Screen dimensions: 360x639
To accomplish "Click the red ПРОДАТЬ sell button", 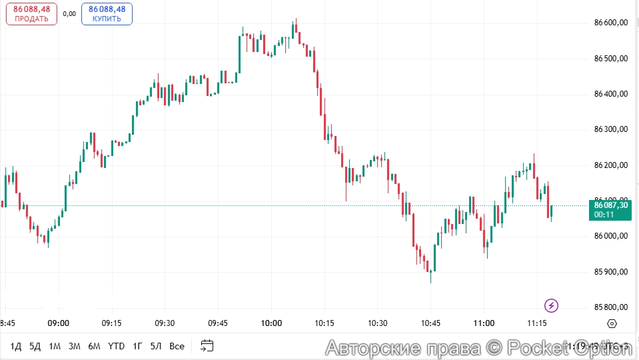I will pyautogui.click(x=31, y=14).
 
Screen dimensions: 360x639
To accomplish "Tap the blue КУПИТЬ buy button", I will pyautogui.click(x=107, y=14).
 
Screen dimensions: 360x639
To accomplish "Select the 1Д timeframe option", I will pyautogui.click(x=16, y=346).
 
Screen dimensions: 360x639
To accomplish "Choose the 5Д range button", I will pyautogui.click(x=35, y=346).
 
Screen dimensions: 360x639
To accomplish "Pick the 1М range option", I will pyautogui.click(x=55, y=346).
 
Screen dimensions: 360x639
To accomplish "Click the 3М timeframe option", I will pyautogui.click(x=74, y=346).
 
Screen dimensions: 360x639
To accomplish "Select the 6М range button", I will pyautogui.click(x=94, y=346).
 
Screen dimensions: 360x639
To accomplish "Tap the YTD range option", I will pyautogui.click(x=116, y=346).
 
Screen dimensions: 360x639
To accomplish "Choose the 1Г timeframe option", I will pyautogui.click(x=137, y=346).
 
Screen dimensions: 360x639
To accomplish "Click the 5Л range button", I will pyautogui.click(x=156, y=346).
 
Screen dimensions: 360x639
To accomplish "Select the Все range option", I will pyautogui.click(x=177, y=346).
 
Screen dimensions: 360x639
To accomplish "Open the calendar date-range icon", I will pyautogui.click(x=207, y=346).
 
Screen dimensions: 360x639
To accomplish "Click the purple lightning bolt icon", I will pyautogui.click(x=551, y=306).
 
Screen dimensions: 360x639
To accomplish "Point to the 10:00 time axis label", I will pyautogui.click(x=271, y=323).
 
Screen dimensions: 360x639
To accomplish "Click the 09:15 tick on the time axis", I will pyautogui.click(x=111, y=323).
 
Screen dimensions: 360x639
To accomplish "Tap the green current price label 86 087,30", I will pyautogui.click(x=610, y=209).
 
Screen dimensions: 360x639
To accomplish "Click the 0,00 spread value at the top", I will pyautogui.click(x=69, y=13).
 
